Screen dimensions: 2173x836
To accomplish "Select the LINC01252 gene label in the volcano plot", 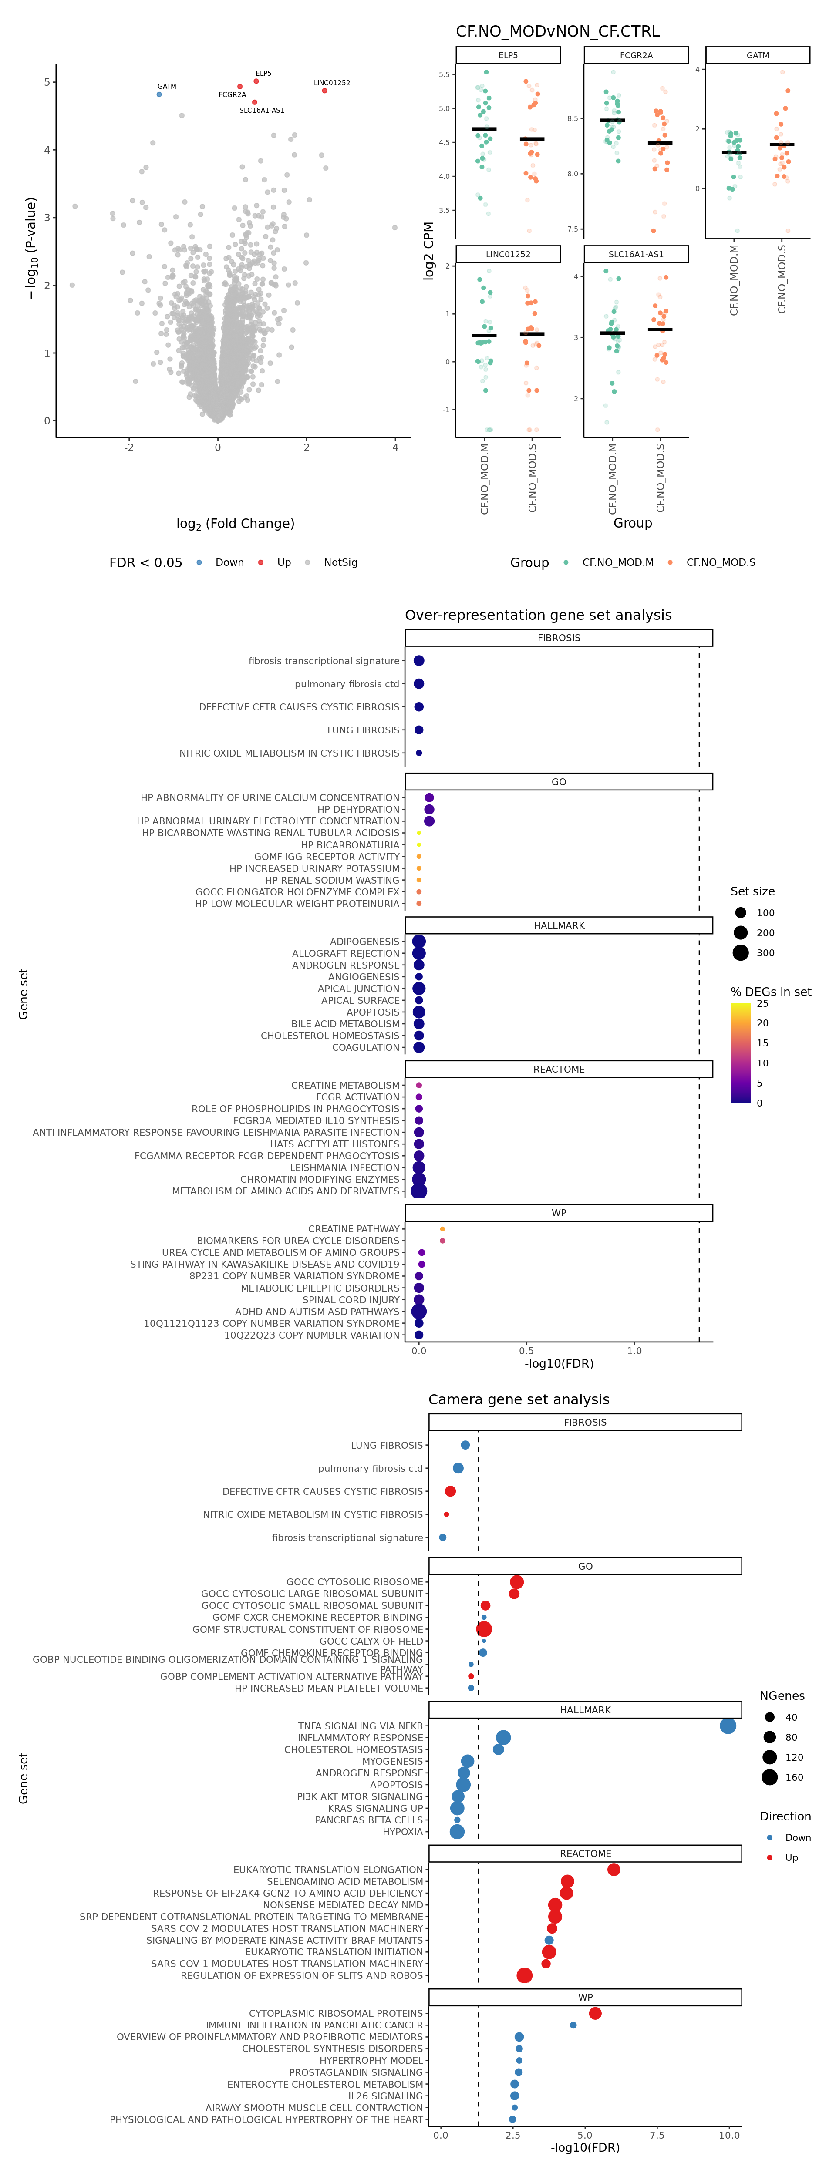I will (331, 83).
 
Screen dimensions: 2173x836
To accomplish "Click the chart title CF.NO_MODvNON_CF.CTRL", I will (558, 31).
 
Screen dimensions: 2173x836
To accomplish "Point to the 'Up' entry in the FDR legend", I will (283, 563).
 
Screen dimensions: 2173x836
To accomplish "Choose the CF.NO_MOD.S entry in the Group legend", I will (721, 563).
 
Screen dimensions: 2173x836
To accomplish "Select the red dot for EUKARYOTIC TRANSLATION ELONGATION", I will (614, 1869).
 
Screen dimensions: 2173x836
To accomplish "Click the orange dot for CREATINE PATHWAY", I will (442, 1229).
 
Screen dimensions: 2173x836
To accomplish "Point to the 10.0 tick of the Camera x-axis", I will (729, 2135).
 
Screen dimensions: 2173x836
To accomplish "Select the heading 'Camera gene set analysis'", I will (519, 1399).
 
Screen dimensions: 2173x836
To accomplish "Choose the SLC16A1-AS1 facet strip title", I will (636, 254).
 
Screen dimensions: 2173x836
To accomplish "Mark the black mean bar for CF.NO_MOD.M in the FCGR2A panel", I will (613, 121).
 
